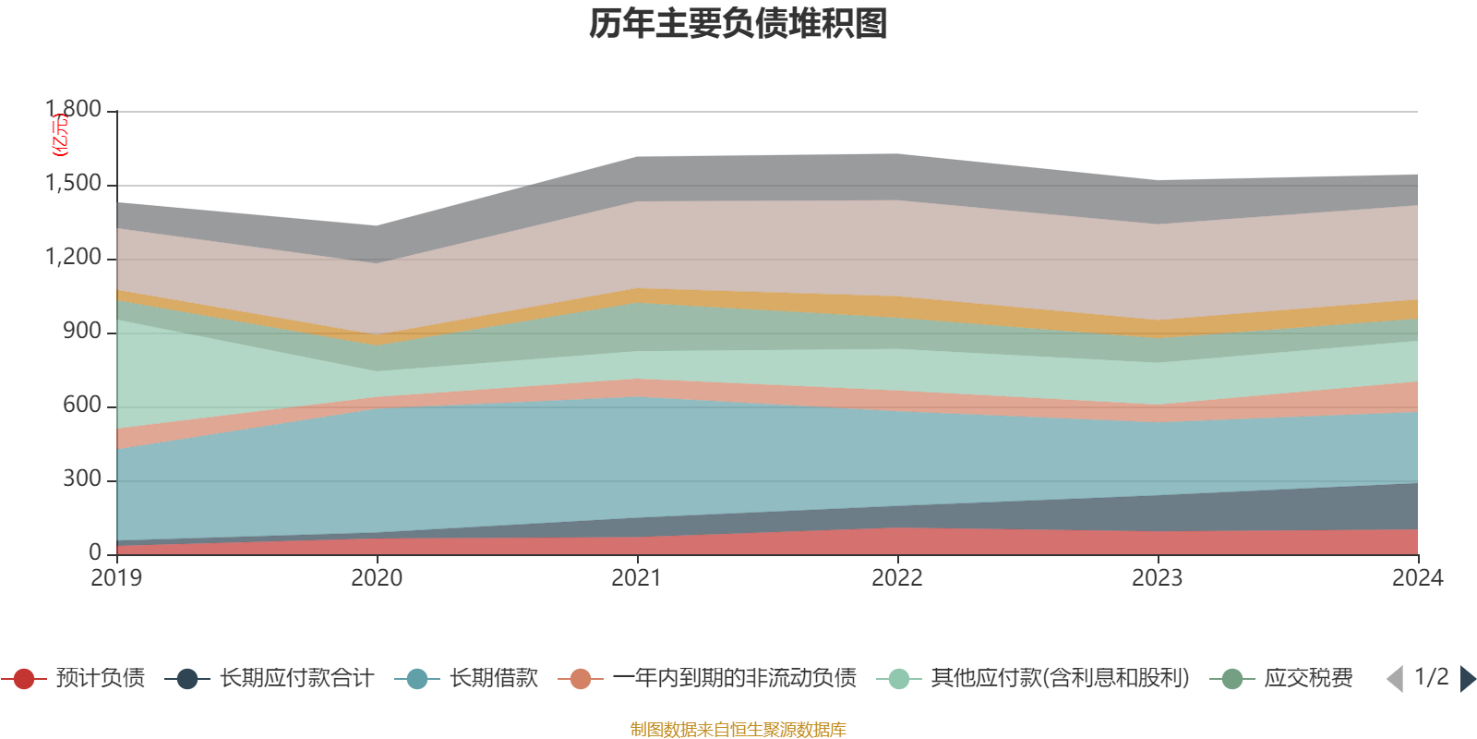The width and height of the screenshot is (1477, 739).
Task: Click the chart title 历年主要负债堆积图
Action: tap(738, 24)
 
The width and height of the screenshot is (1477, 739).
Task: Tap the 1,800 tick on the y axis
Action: tap(74, 110)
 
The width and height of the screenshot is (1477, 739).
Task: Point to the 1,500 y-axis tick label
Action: tap(74, 184)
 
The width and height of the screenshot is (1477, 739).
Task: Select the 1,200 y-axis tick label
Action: tap(74, 258)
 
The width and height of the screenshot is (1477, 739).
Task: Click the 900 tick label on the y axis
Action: tap(82, 332)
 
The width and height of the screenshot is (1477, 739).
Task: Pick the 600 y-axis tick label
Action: tap(82, 406)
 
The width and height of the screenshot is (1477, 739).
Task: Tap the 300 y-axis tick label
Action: tap(82, 479)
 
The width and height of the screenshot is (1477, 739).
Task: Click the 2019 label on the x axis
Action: tap(116, 578)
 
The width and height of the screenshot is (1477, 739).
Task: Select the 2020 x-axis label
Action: tap(377, 578)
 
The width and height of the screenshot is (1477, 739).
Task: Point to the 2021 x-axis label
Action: tap(637, 578)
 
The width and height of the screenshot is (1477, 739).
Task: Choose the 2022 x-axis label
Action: tap(897, 578)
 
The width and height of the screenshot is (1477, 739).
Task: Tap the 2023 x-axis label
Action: tap(1158, 578)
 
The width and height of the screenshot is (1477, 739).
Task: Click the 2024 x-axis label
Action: tap(1417, 578)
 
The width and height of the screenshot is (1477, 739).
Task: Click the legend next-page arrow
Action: tap(1468, 679)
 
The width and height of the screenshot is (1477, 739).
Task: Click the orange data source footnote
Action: tap(738, 730)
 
